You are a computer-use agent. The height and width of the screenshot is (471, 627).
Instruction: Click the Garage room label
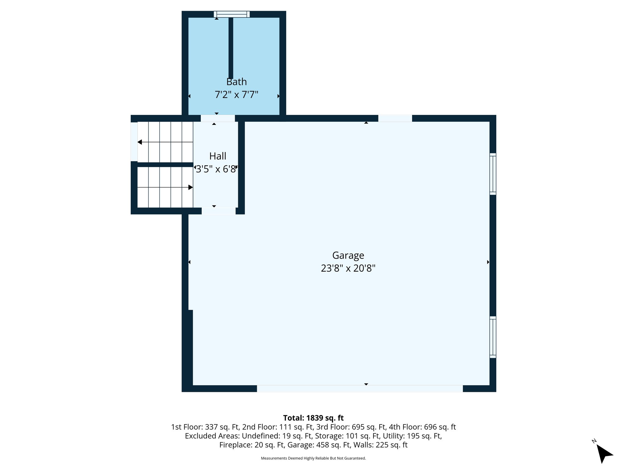(x=348, y=255)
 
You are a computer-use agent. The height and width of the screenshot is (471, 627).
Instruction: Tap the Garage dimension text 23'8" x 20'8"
(x=348, y=268)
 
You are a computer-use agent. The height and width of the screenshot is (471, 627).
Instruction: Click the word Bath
(x=236, y=82)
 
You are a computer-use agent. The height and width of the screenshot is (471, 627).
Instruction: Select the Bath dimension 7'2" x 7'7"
(x=236, y=94)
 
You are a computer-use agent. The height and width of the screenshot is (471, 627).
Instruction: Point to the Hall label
(x=218, y=156)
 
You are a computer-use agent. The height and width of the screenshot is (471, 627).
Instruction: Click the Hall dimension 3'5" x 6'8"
(x=216, y=169)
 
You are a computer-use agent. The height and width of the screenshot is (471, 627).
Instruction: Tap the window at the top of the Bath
(x=232, y=14)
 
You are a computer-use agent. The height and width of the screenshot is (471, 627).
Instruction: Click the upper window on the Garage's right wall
(x=493, y=174)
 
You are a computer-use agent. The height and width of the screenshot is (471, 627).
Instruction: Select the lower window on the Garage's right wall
(x=493, y=337)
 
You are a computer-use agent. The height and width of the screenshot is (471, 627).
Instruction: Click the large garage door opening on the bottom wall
(x=360, y=389)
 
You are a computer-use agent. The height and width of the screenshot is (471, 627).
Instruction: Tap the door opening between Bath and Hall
(x=218, y=118)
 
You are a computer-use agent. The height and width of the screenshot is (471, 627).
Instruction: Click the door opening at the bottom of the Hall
(x=219, y=211)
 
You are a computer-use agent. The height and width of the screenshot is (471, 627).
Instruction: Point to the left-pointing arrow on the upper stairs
(x=140, y=142)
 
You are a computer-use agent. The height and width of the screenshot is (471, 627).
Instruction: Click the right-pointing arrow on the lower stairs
(x=190, y=187)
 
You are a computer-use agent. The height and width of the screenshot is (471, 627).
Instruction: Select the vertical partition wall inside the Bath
(x=231, y=48)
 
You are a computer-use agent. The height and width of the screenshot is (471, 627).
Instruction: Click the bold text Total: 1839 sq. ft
(x=313, y=418)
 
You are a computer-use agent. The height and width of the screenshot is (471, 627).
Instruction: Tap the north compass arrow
(x=604, y=453)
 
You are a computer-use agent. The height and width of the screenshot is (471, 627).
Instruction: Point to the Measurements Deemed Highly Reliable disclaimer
(x=313, y=458)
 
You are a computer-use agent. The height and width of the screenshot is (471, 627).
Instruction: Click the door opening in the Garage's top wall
(x=395, y=118)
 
